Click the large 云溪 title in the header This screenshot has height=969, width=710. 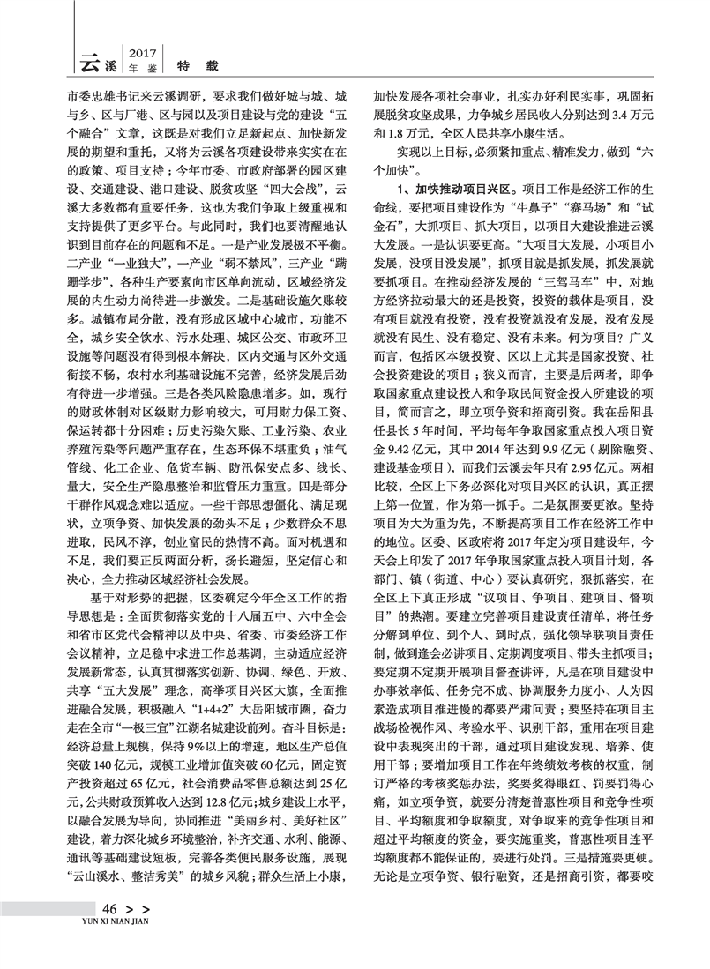[100, 60]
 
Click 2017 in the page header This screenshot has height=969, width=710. [142, 50]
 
